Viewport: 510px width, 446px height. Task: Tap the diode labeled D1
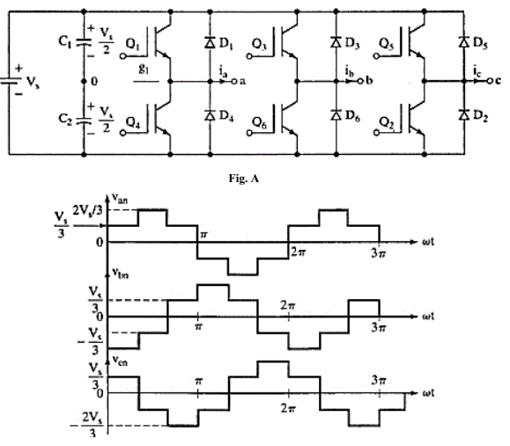(x=210, y=43)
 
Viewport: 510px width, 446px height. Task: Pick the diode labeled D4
(x=210, y=115)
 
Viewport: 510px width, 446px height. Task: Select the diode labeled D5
(x=464, y=43)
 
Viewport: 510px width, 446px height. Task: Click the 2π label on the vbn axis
(x=288, y=304)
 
